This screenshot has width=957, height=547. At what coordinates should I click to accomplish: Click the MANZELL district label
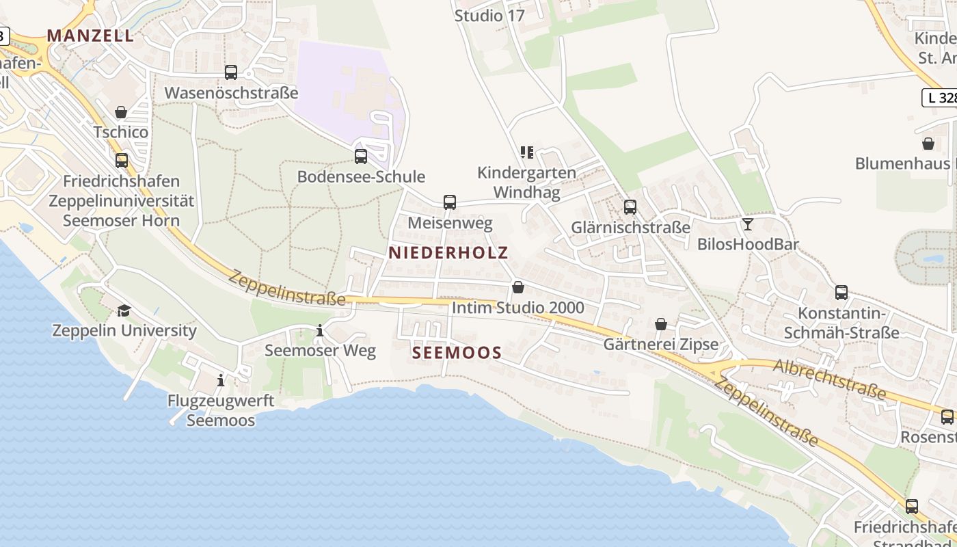coord(90,36)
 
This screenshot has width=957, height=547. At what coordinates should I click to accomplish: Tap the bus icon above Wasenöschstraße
coord(231,72)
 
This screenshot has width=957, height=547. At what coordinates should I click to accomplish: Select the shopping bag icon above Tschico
coord(121,111)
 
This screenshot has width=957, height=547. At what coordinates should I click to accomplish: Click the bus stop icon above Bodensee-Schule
coord(361,156)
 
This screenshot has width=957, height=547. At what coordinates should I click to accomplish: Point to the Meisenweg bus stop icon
coord(449,202)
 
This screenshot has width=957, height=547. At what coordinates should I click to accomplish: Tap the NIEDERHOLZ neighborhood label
coord(448,252)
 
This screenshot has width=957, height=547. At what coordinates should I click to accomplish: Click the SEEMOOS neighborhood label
coord(457,353)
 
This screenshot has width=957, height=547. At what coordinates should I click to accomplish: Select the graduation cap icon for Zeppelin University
coord(124,310)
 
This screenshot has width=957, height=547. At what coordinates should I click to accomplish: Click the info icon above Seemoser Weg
coord(320,331)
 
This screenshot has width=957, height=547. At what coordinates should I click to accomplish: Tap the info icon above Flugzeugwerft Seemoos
coord(221,379)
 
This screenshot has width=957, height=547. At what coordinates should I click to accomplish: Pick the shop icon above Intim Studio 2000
coord(518,287)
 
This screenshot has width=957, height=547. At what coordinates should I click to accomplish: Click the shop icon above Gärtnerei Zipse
coord(661,324)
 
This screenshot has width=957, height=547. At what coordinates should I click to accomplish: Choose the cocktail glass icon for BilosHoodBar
coord(748,224)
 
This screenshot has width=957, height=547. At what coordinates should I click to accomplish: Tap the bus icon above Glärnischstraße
coord(630,206)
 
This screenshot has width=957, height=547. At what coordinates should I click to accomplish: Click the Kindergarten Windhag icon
coord(526,152)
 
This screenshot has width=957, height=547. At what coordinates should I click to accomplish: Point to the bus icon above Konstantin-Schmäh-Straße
coord(841,292)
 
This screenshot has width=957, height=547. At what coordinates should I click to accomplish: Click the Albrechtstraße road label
coord(830,379)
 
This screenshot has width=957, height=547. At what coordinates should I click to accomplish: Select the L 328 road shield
coord(941,98)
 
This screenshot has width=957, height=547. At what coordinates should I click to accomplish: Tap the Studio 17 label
coord(489,15)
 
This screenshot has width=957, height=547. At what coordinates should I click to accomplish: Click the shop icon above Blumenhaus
coord(928,144)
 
